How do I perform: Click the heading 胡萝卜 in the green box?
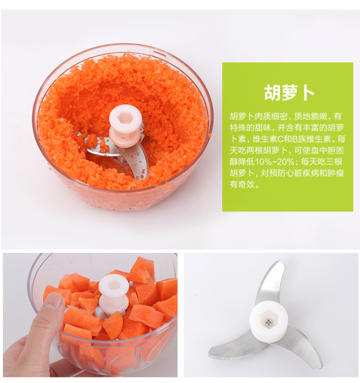[x=289, y=93]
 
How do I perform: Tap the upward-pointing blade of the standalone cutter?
[x=271, y=283]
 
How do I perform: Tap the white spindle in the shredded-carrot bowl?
[x=125, y=126]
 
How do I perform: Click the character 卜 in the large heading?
[x=309, y=93]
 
